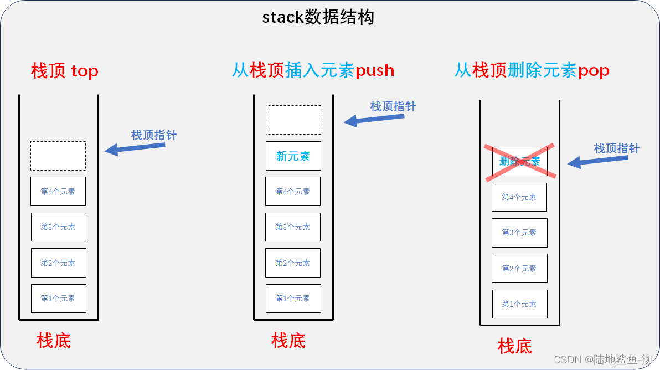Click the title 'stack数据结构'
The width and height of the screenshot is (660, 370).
point(318,17)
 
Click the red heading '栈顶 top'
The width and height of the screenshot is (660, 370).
point(65,71)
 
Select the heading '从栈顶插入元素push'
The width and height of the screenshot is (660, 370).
point(313,70)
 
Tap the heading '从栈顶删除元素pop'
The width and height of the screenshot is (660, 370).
point(532,70)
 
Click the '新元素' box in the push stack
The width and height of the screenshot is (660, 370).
point(293,156)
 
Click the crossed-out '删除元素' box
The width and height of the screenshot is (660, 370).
point(519,162)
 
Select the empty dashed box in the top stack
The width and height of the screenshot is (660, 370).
point(58,156)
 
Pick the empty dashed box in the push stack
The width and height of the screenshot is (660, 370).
point(293,120)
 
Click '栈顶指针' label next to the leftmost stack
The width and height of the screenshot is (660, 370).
point(154,135)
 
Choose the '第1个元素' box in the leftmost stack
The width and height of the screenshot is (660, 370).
point(58,299)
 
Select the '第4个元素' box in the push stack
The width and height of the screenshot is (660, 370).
point(293,192)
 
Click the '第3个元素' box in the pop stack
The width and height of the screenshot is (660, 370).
point(519,233)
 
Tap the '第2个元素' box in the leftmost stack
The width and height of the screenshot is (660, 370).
point(58,263)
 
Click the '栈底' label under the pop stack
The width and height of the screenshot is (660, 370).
point(514,346)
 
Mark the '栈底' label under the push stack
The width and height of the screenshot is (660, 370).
point(288,340)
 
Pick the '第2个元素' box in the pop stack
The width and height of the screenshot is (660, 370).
point(519,269)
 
